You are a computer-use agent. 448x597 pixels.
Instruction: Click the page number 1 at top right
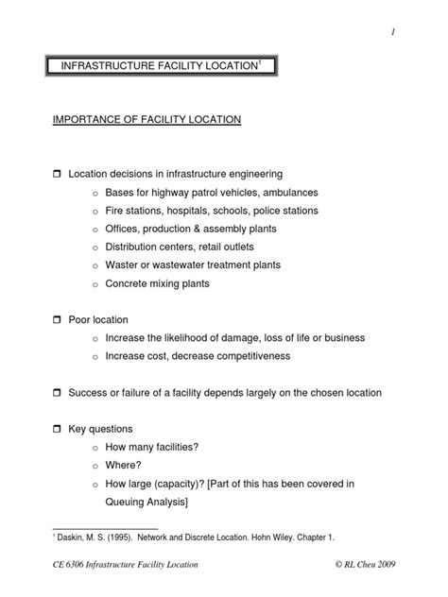[389, 34]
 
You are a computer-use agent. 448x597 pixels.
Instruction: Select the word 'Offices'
[122, 230]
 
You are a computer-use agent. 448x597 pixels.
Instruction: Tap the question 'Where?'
[123, 465]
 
